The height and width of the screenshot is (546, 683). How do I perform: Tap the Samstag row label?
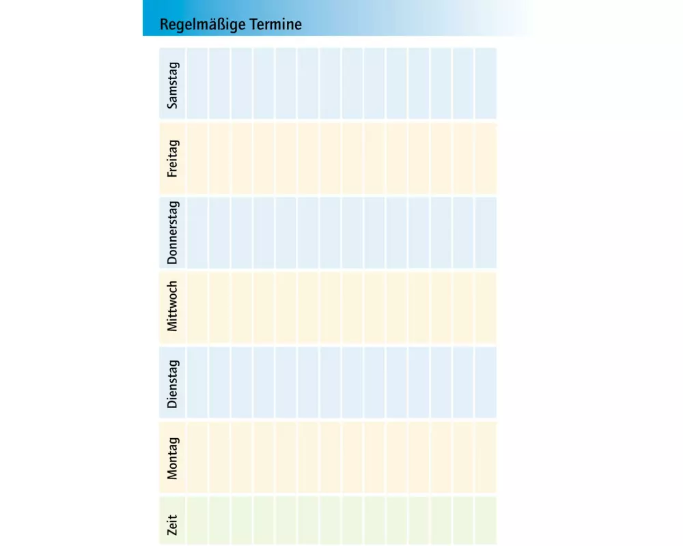(x=172, y=84)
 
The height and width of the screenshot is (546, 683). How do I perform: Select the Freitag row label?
(x=172, y=158)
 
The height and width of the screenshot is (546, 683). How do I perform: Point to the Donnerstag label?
(x=172, y=233)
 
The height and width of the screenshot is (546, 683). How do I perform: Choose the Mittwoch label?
(x=172, y=306)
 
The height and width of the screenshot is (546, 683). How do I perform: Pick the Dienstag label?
(x=172, y=383)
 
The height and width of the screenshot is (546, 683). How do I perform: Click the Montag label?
(x=172, y=458)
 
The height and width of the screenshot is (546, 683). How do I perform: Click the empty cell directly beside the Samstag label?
(x=197, y=83)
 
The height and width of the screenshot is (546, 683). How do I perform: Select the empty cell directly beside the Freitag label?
(x=197, y=158)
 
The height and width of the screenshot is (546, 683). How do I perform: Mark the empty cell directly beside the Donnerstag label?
(x=197, y=233)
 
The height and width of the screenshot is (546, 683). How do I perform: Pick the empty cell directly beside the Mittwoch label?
(x=197, y=307)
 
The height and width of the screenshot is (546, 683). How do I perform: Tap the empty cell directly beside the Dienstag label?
(x=197, y=382)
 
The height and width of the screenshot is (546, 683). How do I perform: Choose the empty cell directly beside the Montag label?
(x=197, y=457)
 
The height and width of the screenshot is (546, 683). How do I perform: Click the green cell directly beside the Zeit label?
(x=197, y=520)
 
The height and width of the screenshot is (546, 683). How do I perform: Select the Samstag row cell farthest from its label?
(x=486, y=83)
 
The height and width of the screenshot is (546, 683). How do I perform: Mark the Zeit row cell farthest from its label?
(x=486, y=520)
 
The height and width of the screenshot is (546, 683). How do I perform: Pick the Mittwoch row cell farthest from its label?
(x=486, y=307)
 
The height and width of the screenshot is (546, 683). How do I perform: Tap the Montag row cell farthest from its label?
(x=486, y=457)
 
